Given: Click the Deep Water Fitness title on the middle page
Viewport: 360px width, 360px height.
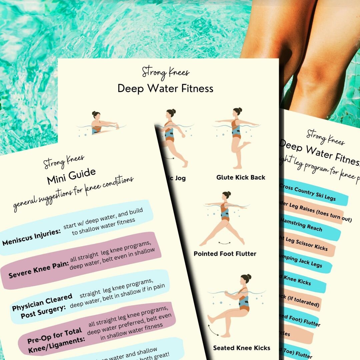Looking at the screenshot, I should [165, 88].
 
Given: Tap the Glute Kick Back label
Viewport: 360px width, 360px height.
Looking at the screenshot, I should [241, 178].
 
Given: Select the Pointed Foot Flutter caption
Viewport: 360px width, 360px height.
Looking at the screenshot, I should [225, 254].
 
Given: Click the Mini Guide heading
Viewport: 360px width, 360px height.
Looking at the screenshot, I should [71, 176].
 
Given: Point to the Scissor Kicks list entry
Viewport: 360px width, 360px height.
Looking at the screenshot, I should [305, 244].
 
